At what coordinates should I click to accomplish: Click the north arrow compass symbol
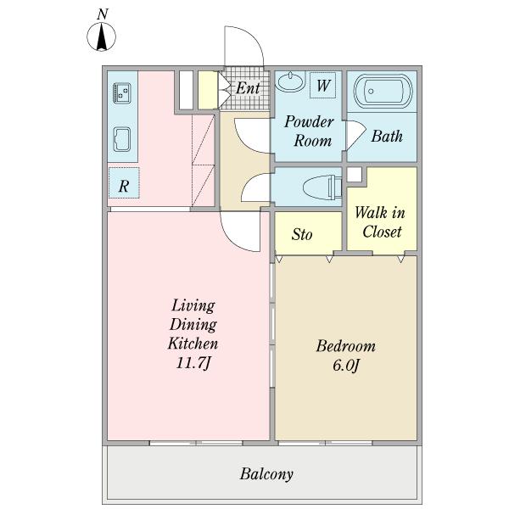pyautogui.click(x=102, y=37)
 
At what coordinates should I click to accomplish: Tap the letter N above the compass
pyautogui.click(x=102, y=14)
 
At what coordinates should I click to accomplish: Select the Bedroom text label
pyautogui.click(x=345, y=346)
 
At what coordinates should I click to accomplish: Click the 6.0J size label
pyautogui.click(x=345, y=366)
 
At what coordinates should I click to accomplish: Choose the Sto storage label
pyautogui.click(x=302, y=234)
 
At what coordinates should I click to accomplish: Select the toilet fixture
pyautogui.click(x=321, y=186)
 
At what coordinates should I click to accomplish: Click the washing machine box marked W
pyautogui.click(x=323, y=85)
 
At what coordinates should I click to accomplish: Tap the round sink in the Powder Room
pyautogui.click(x=290, y=82)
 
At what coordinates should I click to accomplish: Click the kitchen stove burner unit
pyautogui.click(x=120, y=91)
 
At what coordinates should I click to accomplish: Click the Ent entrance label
pyautogui.click(x=247, y=87)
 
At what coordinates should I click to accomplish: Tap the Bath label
pyautogui.click(x=387, y=136)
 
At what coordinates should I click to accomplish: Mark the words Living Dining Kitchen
pyautogui.click(x=193, y=324)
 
